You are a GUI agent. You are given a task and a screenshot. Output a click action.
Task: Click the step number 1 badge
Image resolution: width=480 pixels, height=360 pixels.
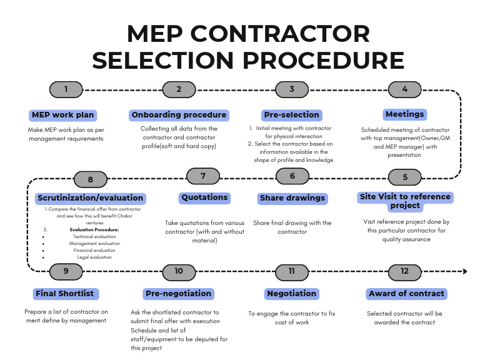coord(66,89)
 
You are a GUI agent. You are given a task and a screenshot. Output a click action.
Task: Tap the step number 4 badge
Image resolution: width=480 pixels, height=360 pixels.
coord(405,89)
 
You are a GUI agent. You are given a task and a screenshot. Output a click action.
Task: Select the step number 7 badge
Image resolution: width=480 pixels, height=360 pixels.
coord(203,176)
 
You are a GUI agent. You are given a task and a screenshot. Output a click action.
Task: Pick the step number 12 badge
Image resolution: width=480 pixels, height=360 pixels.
coord(405,271)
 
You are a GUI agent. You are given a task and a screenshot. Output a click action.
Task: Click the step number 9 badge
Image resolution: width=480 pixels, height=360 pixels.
coord(66,271)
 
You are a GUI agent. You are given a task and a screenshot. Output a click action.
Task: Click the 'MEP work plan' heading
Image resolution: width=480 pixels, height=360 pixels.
coord(62,115)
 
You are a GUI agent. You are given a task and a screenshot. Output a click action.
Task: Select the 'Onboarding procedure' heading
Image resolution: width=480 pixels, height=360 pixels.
coord(179,115)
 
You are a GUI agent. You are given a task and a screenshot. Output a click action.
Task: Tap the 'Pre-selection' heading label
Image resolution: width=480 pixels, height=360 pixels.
coord(292,115)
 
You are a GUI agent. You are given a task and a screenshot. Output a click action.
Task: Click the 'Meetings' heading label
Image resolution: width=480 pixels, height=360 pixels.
coord(405,114)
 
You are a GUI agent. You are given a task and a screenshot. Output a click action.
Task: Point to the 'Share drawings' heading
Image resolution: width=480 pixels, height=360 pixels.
coord(292,198)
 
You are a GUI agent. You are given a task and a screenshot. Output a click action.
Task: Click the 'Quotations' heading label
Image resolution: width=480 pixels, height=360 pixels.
coord(204,197)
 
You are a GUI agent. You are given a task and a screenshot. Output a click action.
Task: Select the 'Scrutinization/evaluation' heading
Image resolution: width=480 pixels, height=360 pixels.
coord(90,198)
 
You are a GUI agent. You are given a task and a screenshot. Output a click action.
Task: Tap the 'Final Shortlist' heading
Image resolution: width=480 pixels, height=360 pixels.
coord(66,293)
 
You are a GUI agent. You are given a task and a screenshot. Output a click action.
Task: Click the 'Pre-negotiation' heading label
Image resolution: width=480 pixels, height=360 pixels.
coord(179,293)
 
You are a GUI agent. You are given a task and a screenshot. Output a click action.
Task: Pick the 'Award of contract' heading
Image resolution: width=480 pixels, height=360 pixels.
coord(406,293)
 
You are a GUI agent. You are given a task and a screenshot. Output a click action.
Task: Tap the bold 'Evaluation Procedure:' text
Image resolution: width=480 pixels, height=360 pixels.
coord(95,229)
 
